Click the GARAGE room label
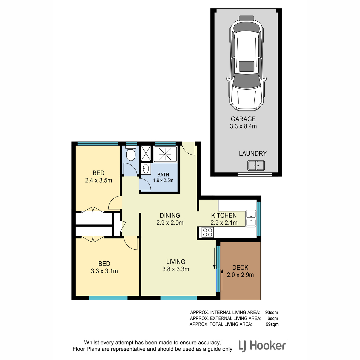243,119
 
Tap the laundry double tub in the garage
256,165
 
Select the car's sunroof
246,66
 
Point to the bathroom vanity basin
146,169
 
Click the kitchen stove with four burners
208,232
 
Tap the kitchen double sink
251,218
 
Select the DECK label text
240,268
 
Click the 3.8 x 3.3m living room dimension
175,269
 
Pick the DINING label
170,215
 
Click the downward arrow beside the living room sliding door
214,259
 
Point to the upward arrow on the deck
222,280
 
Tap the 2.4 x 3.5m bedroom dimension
98,180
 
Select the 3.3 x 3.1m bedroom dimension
104,271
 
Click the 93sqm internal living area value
271,312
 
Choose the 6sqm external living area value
273,318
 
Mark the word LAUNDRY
253,153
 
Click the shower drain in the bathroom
165,154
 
